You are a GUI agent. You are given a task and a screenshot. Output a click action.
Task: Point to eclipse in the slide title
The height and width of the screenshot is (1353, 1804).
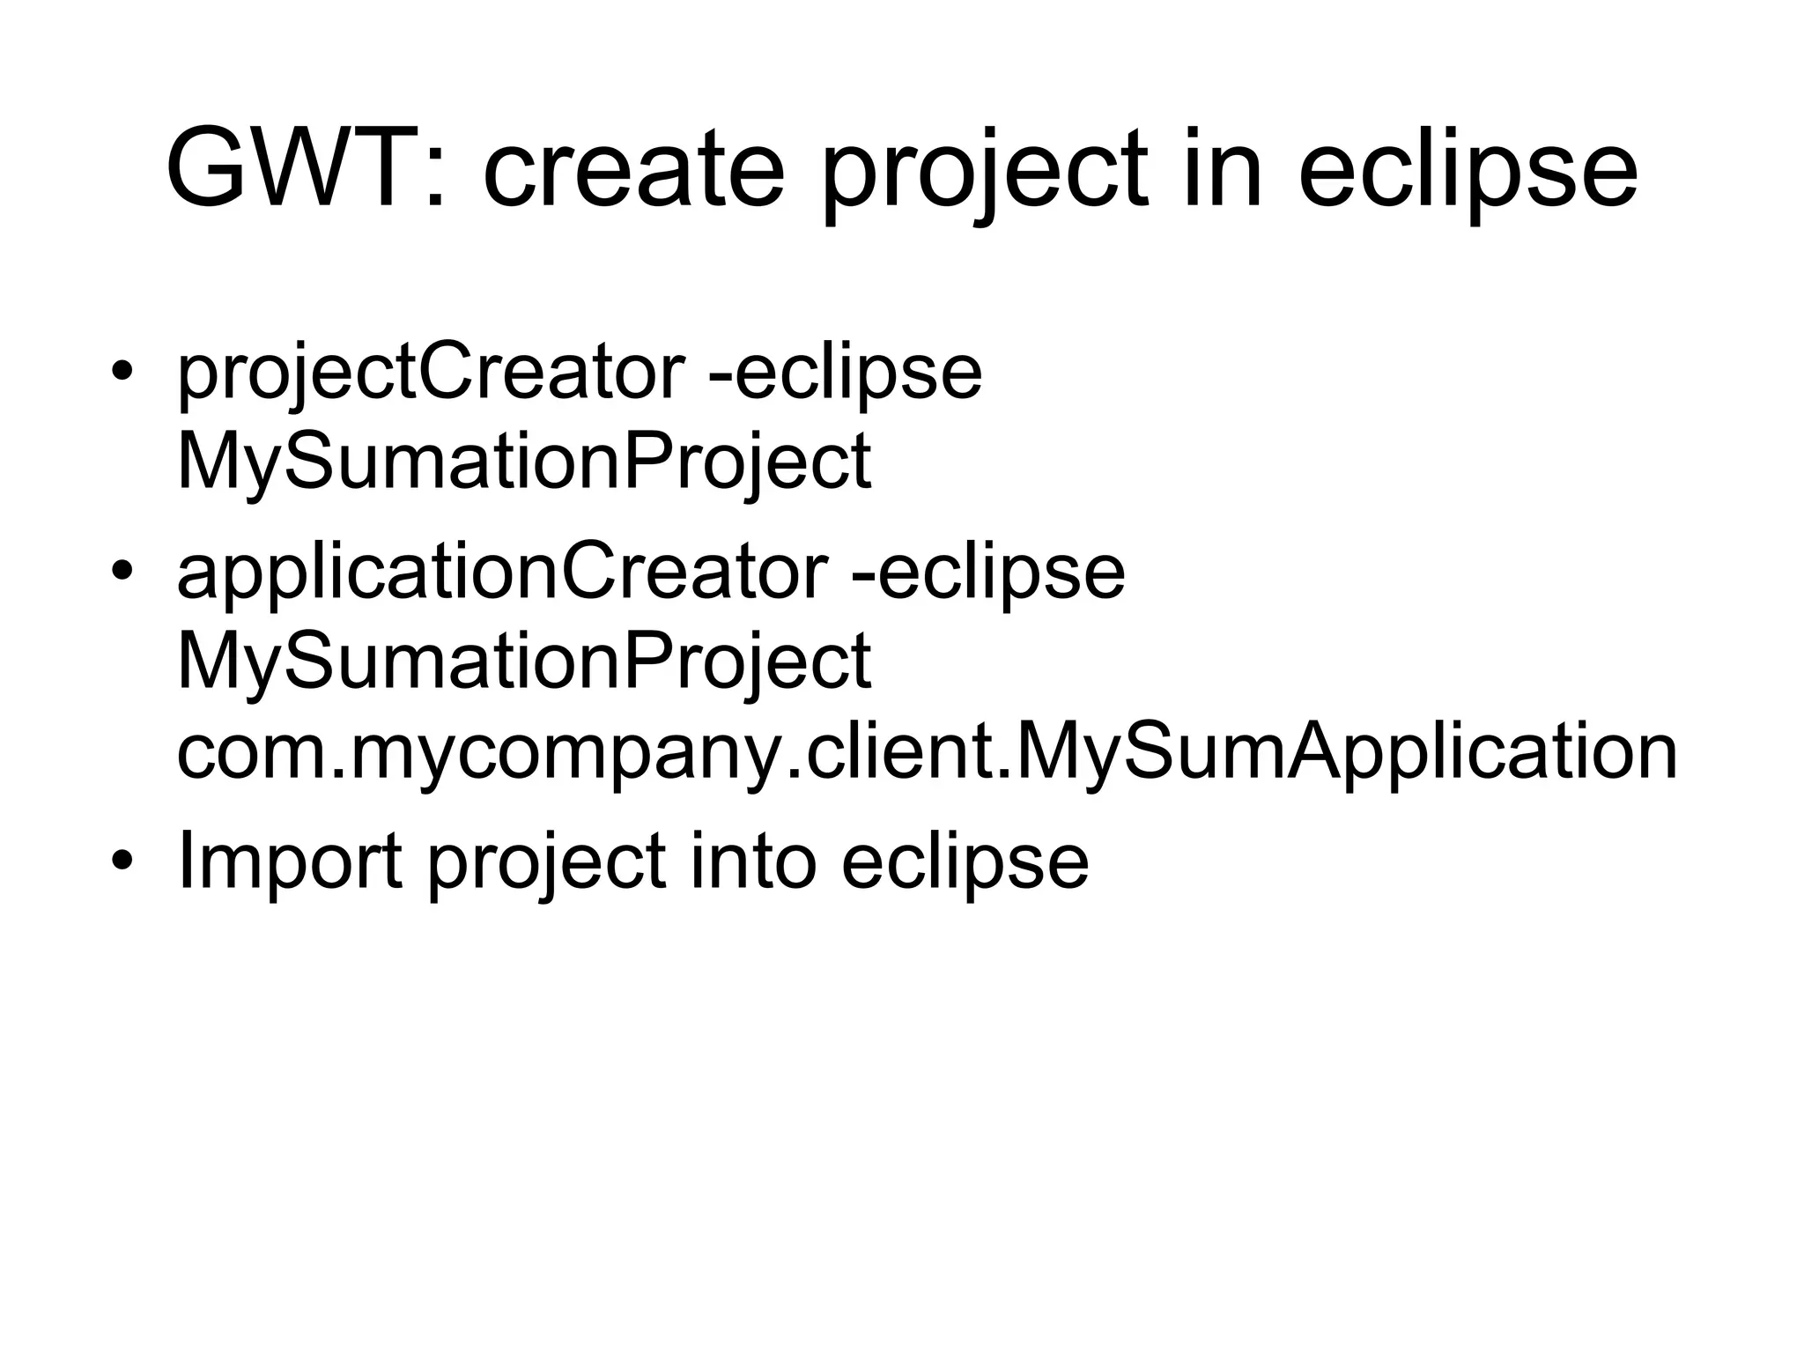click(x=1467, y=169)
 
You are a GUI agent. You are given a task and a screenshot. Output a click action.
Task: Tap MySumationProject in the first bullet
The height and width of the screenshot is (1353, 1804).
click(x=524, y=462)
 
